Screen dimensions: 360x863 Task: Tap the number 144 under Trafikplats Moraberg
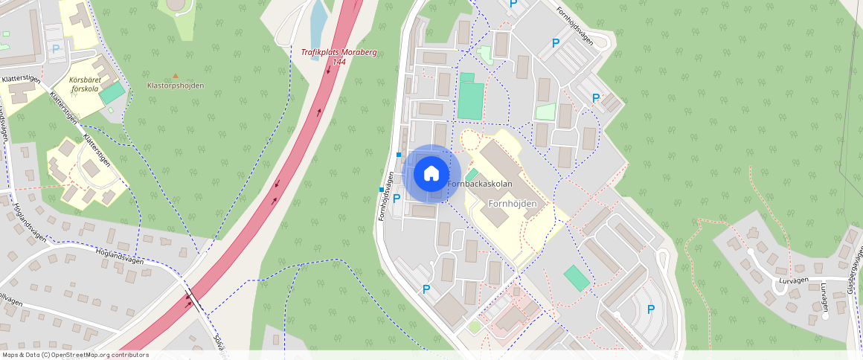coord(339,62)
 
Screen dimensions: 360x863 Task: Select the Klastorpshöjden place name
coord(176,86)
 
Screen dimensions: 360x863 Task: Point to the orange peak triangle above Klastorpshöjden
coord(176,75)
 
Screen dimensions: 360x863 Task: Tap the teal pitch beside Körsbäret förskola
coord(112,93)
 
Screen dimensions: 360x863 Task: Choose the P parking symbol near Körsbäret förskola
coord(56,48)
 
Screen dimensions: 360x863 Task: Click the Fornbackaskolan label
coord(480,184)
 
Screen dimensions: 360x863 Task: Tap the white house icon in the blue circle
coord(431,174)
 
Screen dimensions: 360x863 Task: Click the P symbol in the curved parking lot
coord(651,309)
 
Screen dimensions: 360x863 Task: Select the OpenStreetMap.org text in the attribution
coord(89,355)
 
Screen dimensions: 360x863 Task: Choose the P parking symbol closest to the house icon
coord(397,198)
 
